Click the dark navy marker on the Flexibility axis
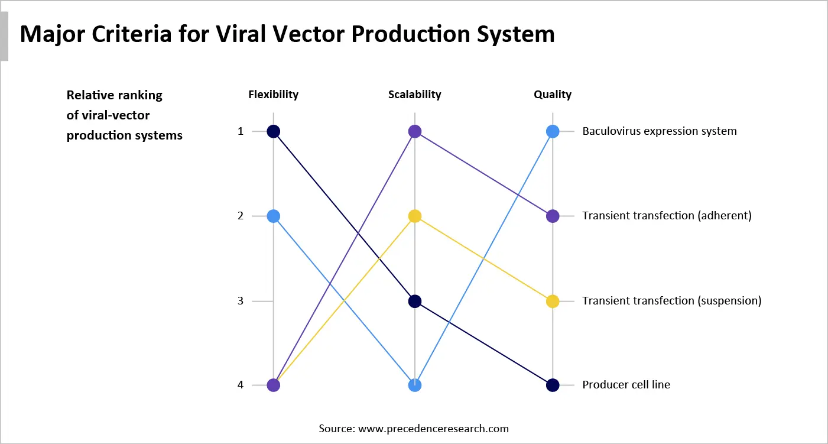[x=273, y=131]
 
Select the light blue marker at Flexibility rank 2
[x=273, y=216]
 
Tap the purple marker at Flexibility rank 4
[x=273, y=385]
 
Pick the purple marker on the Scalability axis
[x=415, y=131]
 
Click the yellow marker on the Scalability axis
[x=415, y=216]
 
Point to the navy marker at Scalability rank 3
[x=415, y=302]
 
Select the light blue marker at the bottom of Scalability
[x=415, y=385]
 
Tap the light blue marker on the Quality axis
[x=553, y=131]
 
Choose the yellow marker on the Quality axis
[x=553, y=302]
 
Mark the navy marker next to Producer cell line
[x=553, y=385]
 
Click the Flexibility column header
[x=273, y=95]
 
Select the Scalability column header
[x=414, y=95]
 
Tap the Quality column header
[x=553, y=95]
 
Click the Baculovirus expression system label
[x=660, y=131]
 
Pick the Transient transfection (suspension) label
[x=671, y=301]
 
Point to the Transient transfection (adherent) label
[x=667, y=216]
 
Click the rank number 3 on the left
[x=241, y=301]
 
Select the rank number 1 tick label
[x=241, y=131]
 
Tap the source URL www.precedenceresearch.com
[x=433, y=429]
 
